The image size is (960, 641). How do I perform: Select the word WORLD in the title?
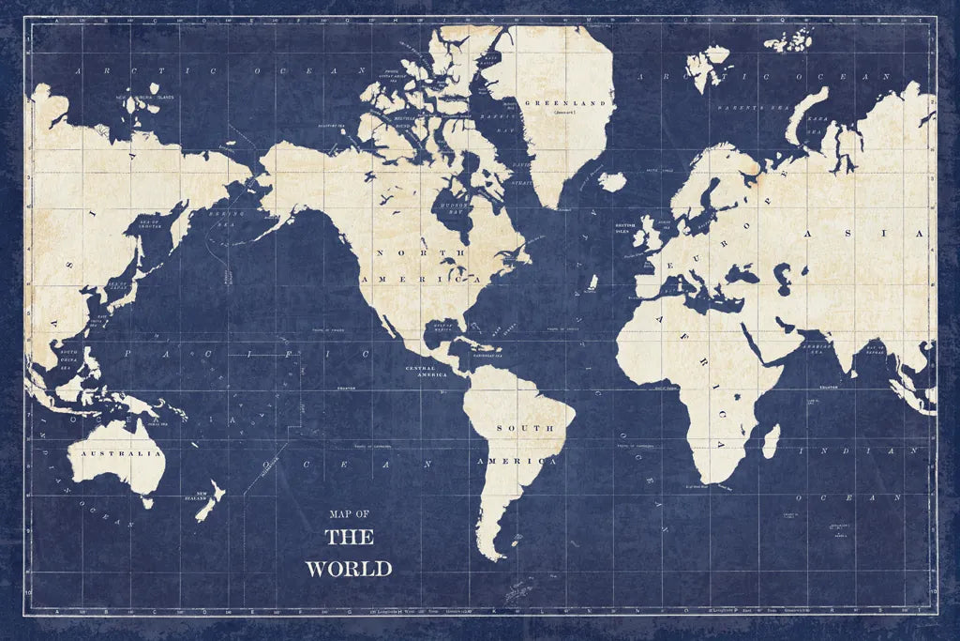(348, 569)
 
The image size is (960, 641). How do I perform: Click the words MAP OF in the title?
(349, 513)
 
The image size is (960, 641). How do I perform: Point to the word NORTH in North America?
(403, 252)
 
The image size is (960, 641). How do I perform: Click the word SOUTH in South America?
(524, 430)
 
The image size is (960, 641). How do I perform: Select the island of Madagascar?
(770, 440)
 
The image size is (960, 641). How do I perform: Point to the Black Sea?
(751, 276)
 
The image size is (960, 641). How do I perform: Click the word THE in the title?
(349, 538)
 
